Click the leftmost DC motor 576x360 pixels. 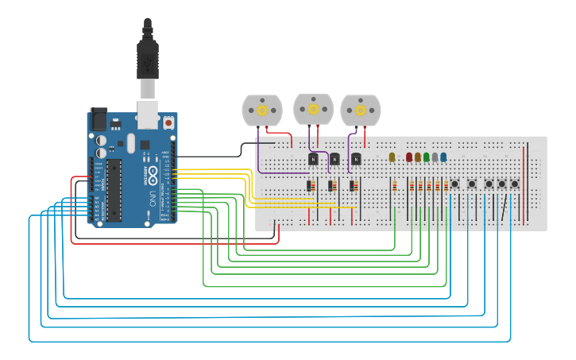261,110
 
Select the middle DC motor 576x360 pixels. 313,109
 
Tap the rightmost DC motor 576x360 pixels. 361,110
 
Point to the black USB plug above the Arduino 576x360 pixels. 148,60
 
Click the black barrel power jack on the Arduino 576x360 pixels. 98,119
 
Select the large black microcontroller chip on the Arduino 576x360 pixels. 115,190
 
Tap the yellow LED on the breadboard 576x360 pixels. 392,157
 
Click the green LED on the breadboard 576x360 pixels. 427,157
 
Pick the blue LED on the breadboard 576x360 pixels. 443,157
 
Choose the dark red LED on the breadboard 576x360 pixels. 409,157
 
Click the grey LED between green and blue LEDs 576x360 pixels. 435,157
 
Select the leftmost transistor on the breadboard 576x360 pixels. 313,159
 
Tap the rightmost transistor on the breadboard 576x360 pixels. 356,159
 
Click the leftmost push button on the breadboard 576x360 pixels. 454,184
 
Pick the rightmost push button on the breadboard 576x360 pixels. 515,184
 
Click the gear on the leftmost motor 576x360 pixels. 261,110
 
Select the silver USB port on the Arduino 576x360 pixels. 148,113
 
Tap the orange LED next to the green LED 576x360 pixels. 418,157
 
